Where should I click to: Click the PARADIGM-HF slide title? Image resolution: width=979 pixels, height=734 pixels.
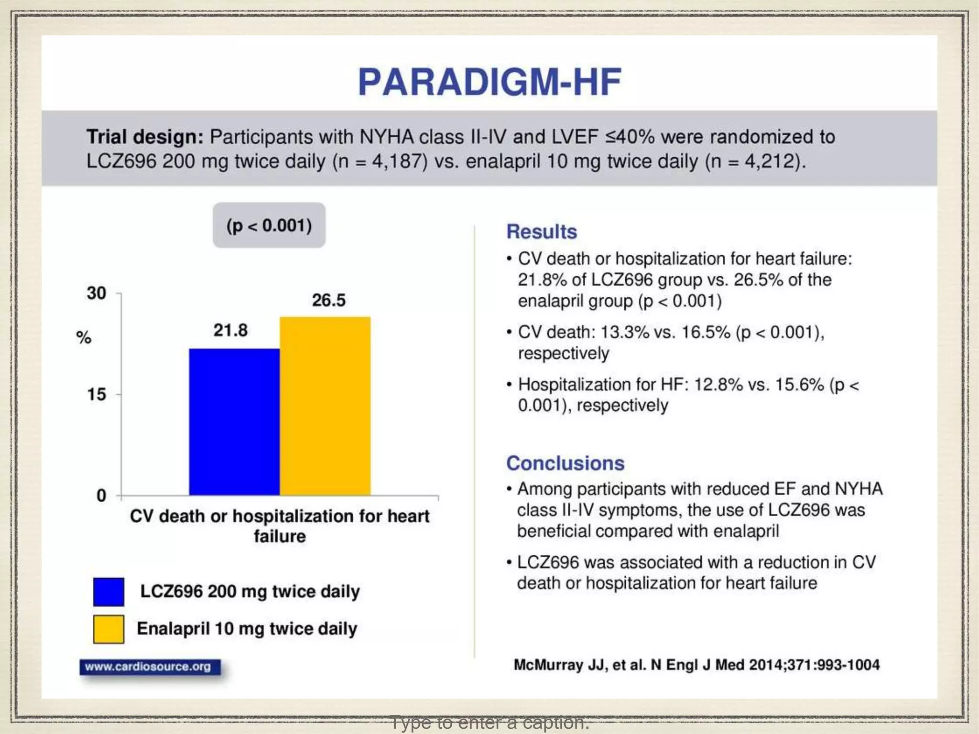[489, 82]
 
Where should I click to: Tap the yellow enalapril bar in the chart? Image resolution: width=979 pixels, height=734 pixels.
[325, 406]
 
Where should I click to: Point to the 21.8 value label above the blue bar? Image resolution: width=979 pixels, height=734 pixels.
[230, 330]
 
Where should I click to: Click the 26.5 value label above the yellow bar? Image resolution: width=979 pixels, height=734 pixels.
[329, 300]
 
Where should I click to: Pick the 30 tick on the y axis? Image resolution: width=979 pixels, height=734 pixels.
[96, 293]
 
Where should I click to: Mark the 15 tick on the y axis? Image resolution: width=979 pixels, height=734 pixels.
[96, 394]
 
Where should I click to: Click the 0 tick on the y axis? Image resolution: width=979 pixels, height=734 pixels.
[101, 496]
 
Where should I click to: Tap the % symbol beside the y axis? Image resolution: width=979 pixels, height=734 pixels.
[84, 337]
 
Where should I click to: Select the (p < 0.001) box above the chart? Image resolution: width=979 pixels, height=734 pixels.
[269, 225]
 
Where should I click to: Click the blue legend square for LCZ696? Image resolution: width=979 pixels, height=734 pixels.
[109, 592]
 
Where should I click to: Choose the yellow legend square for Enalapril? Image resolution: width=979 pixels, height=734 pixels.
[109, 629]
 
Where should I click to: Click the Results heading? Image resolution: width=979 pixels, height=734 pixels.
[542, 232]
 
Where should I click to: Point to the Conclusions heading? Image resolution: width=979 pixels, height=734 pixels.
[565, 463]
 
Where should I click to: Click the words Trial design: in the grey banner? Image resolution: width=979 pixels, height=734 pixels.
[145, 137]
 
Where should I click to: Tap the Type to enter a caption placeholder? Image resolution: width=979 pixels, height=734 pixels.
[489, 722]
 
